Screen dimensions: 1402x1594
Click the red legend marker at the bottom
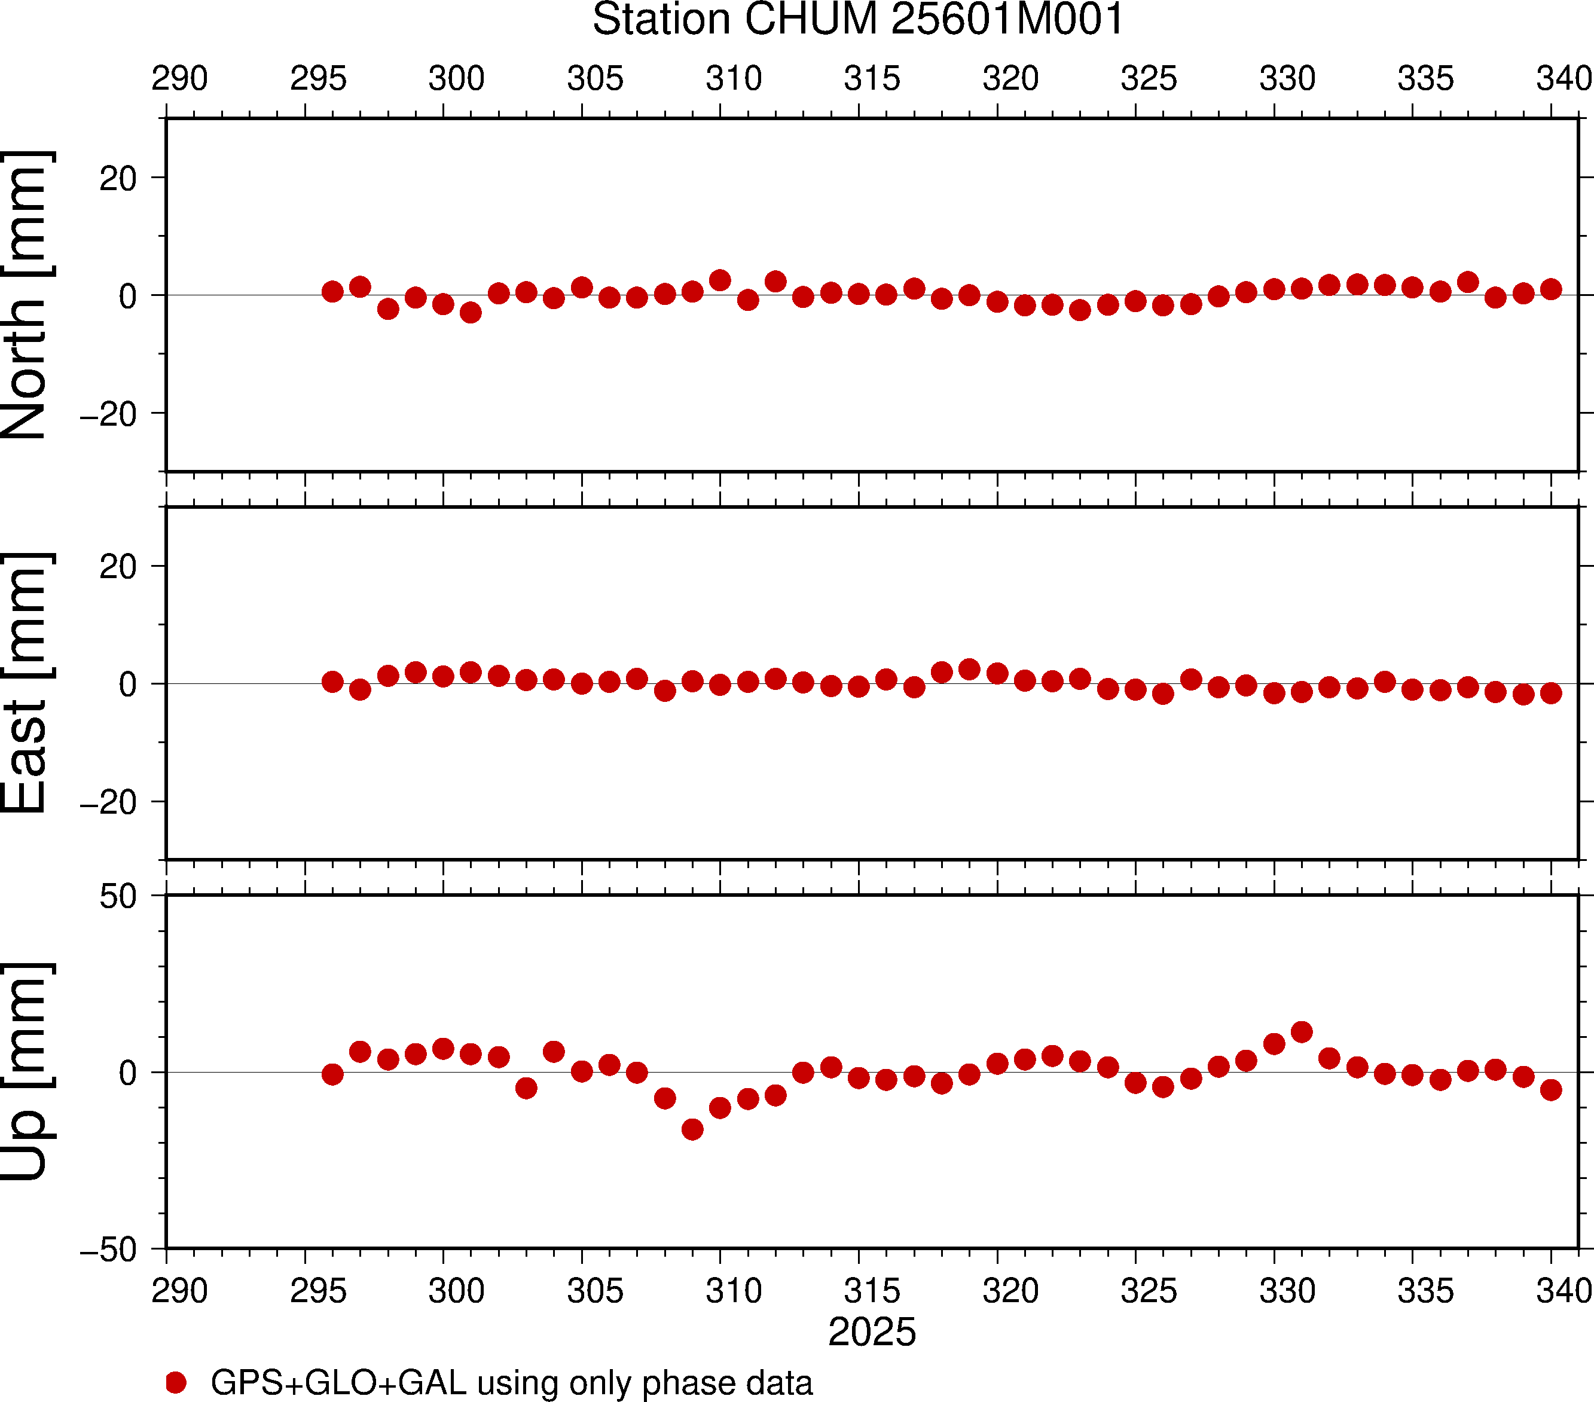tap(176, 1382)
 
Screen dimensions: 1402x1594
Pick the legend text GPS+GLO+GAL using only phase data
tap(512, 1382)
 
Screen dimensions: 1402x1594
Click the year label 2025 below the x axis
tap(872, 1332)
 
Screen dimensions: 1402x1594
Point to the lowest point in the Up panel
tap(692, 1129)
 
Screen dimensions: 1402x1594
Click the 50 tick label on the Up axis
tap(118, 897)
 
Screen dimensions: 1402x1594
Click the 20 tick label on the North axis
tap(118, 179)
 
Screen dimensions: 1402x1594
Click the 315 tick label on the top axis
tap(872, 79)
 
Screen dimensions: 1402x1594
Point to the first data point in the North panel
tap(332, 292)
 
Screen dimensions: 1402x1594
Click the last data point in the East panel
tap(1551, 692)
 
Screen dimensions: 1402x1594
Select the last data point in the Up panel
tap(1551, 1089)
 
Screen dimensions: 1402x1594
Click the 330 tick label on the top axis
tap(1287, 79)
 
